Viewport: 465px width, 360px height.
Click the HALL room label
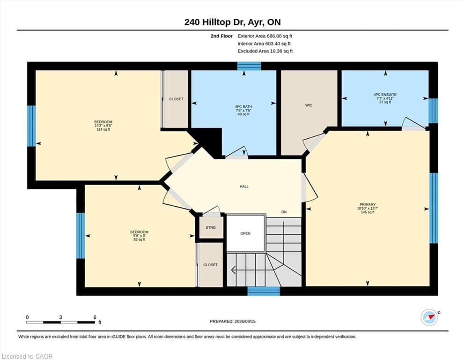click(x=244, y=187)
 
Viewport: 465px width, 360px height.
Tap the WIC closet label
click(x=309, y=105)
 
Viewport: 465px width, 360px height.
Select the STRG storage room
click(x=211, y=228)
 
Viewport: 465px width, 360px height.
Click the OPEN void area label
click(x=245, y=233)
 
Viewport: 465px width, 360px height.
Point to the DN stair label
click(x=284, y=212)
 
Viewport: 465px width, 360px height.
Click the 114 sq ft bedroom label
click(x=103, y=126)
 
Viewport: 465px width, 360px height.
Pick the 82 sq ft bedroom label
click(x=139, y=236)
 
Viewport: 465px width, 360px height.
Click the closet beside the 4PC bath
click(x=176, y=99)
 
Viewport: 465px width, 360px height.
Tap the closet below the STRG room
click(x=210, y=265)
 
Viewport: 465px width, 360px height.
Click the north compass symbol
click(x=429, y=317)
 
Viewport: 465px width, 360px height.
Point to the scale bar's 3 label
click(x=60, y=317)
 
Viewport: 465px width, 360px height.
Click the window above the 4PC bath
click(x=249, y=66)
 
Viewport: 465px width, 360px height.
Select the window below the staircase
click(x=264, y=291)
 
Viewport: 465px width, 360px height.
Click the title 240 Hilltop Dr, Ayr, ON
click(x=232, y=22)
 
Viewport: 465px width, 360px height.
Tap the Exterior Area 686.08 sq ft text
click(x=265, y=36)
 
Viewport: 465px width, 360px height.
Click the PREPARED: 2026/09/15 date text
click(x=232, y=322)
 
